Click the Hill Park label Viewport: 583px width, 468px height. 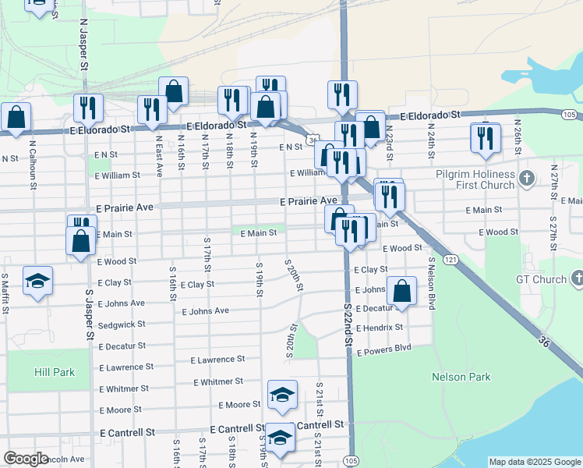click(55, 372)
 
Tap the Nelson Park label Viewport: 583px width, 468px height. click(461, 377)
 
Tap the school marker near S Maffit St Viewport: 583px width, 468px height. click(37, 282)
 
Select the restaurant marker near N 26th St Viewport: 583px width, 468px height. click(486, 138)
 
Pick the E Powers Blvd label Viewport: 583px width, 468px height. click(383, 349)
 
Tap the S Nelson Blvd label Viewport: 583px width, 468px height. click(431, 281)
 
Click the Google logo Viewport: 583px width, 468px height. click(26, 459)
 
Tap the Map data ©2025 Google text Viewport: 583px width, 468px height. click(534, 462)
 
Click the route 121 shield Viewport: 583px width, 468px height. click(448, 257)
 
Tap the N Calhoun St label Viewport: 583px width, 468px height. click(34, 164)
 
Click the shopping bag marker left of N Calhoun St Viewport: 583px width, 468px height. click(16, 118)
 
